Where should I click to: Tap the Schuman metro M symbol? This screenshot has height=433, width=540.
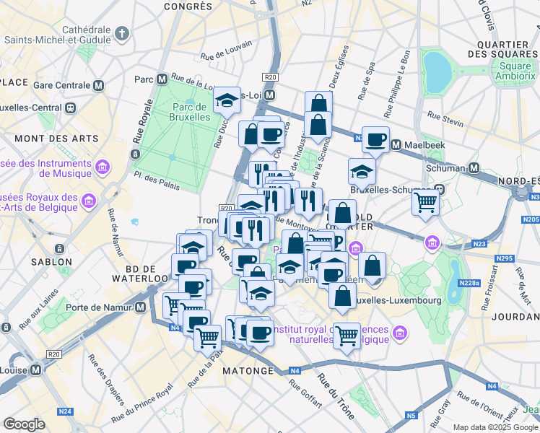[474, 167]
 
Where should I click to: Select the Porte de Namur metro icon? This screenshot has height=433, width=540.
[141, 307]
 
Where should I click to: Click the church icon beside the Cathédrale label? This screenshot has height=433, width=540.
[122, 34]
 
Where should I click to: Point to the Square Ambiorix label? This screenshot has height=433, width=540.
[513, 71]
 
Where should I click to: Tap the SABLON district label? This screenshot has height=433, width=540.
[51, 262]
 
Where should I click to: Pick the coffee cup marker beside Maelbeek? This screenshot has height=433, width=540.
[375, 139]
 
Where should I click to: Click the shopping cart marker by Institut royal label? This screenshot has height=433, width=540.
[347, 335]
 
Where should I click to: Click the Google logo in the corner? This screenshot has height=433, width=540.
[24, 424]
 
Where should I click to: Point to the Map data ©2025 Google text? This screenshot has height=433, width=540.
[495, 427]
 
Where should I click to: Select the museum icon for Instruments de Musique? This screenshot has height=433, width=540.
[102, 167]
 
